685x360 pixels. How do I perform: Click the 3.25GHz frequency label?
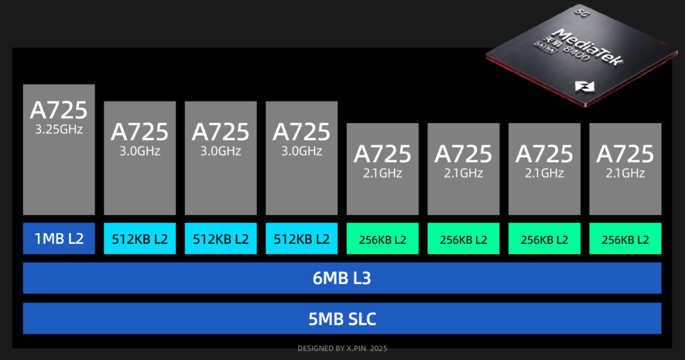(x=58, y=130)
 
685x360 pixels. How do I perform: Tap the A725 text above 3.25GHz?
(x=58, y=110)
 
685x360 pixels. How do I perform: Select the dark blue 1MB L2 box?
(x=59, y=239)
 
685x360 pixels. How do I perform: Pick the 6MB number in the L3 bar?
(x=328, y=278)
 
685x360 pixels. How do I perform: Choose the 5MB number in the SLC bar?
(x=325, y=319)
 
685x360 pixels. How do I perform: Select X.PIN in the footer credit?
(x=352, y=349)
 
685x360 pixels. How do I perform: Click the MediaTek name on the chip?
(x=588, y=46)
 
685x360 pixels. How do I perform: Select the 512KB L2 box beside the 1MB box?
(x=140, y=239)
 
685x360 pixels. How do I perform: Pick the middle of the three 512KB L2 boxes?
(x=221, y=239)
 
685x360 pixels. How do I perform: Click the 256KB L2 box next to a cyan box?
(x=382, y=239)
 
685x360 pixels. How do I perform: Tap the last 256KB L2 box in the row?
(x=625, y=239)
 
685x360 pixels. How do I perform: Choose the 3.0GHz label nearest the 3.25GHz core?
(x=140, y=151)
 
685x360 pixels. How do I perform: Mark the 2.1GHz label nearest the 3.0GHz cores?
(x=382, y=173)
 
